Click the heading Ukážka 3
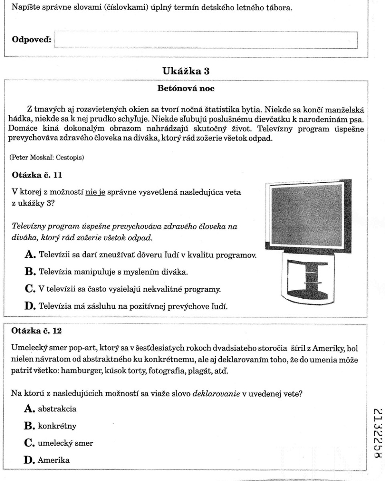tap(186, 71)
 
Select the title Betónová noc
tap(186, 89)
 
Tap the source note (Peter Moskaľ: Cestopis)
tap(47, 158)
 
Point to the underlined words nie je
tap(95, 192)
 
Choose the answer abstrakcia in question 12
tap(57, 409)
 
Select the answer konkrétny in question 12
tap(57, 426)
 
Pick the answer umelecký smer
tap(65, 443)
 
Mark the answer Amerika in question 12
tap(54, 461)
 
